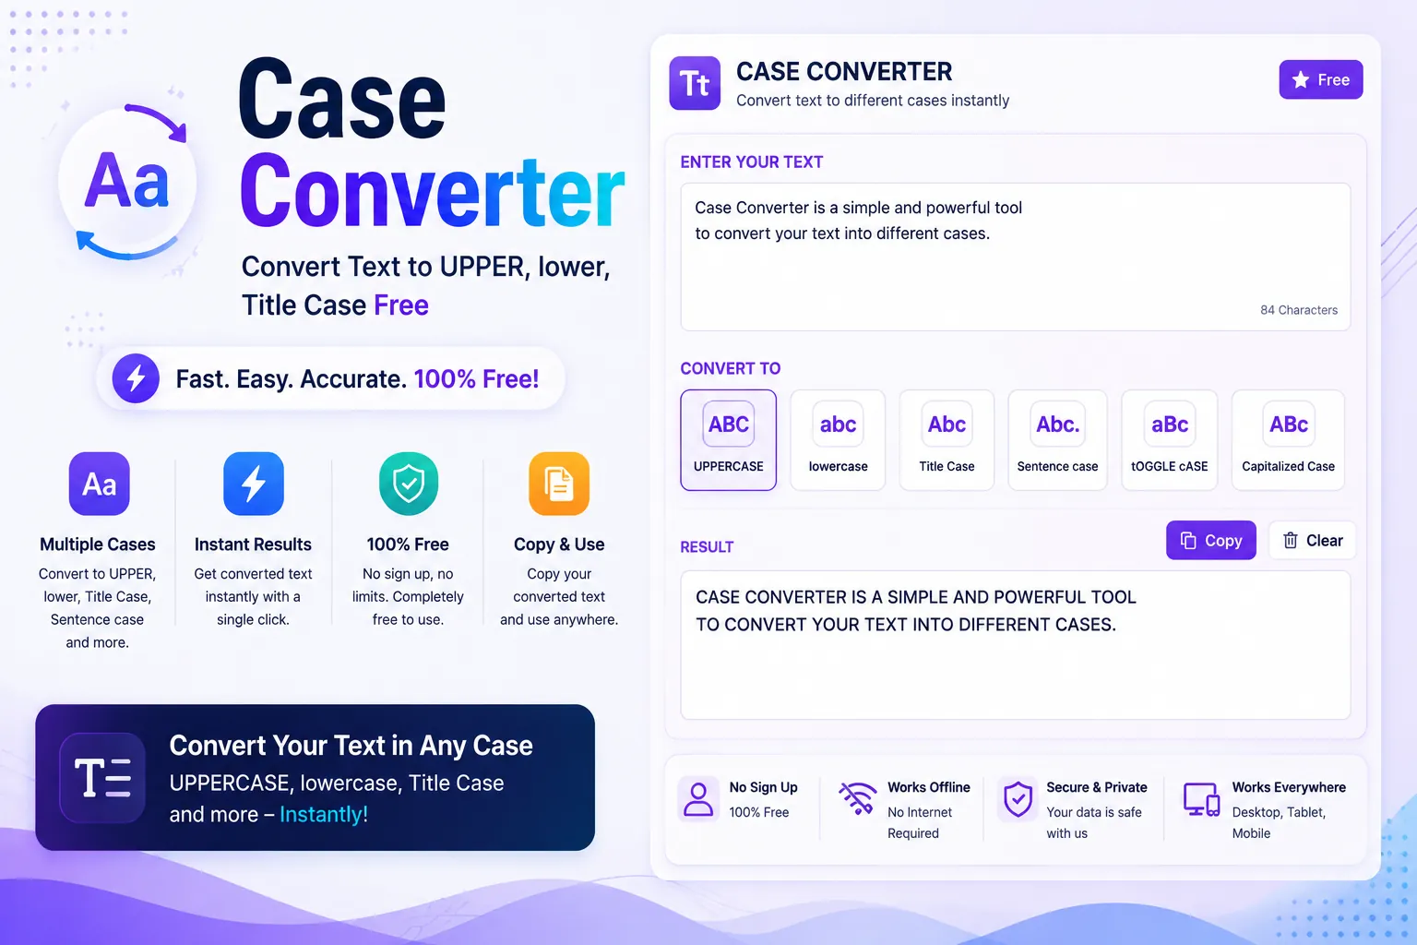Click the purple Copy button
1210,540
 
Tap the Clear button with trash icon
1312,540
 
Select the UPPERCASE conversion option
728,440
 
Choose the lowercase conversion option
838,440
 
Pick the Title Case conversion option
947,440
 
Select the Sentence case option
1057,440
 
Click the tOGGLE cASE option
1169,440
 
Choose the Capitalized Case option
1288,440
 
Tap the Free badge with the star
1321,79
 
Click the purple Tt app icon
695,83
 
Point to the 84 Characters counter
1299,310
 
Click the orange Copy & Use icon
559,484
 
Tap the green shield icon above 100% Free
409,484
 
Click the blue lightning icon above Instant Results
254,484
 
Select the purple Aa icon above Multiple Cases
100,484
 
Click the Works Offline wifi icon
857,797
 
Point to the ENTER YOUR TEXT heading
752,162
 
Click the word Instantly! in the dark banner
324,814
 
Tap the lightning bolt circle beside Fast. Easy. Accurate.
136,378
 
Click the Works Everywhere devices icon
1201,799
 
